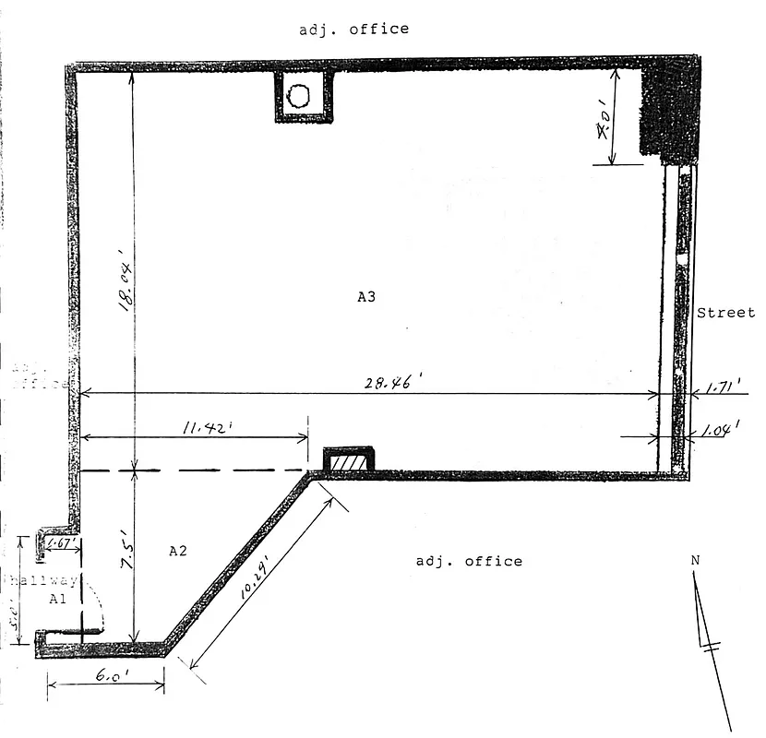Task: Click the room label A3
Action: point(365,297)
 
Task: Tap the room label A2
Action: point(178,551)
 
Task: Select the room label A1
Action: point(57,599)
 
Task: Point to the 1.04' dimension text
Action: point(718,431)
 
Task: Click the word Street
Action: point(725,313)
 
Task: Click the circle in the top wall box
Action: point(299,95)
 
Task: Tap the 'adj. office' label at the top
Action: point(353,29)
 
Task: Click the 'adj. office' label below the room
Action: point(469,561)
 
